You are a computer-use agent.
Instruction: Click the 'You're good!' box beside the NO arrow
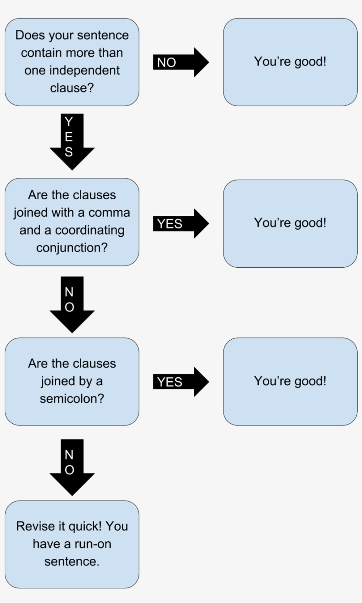click(x=290, y=62)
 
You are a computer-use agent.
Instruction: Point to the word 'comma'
click(x=109, y=212)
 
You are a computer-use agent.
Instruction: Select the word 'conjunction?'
click(x=72, y=248)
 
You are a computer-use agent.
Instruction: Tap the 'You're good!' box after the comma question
click(x=290, y=223)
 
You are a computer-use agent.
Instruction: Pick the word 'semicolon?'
click(x=72, y=398)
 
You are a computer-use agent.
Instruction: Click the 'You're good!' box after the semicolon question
click(x=290, y=381)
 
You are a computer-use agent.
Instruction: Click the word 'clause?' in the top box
click(x=72, y=88)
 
